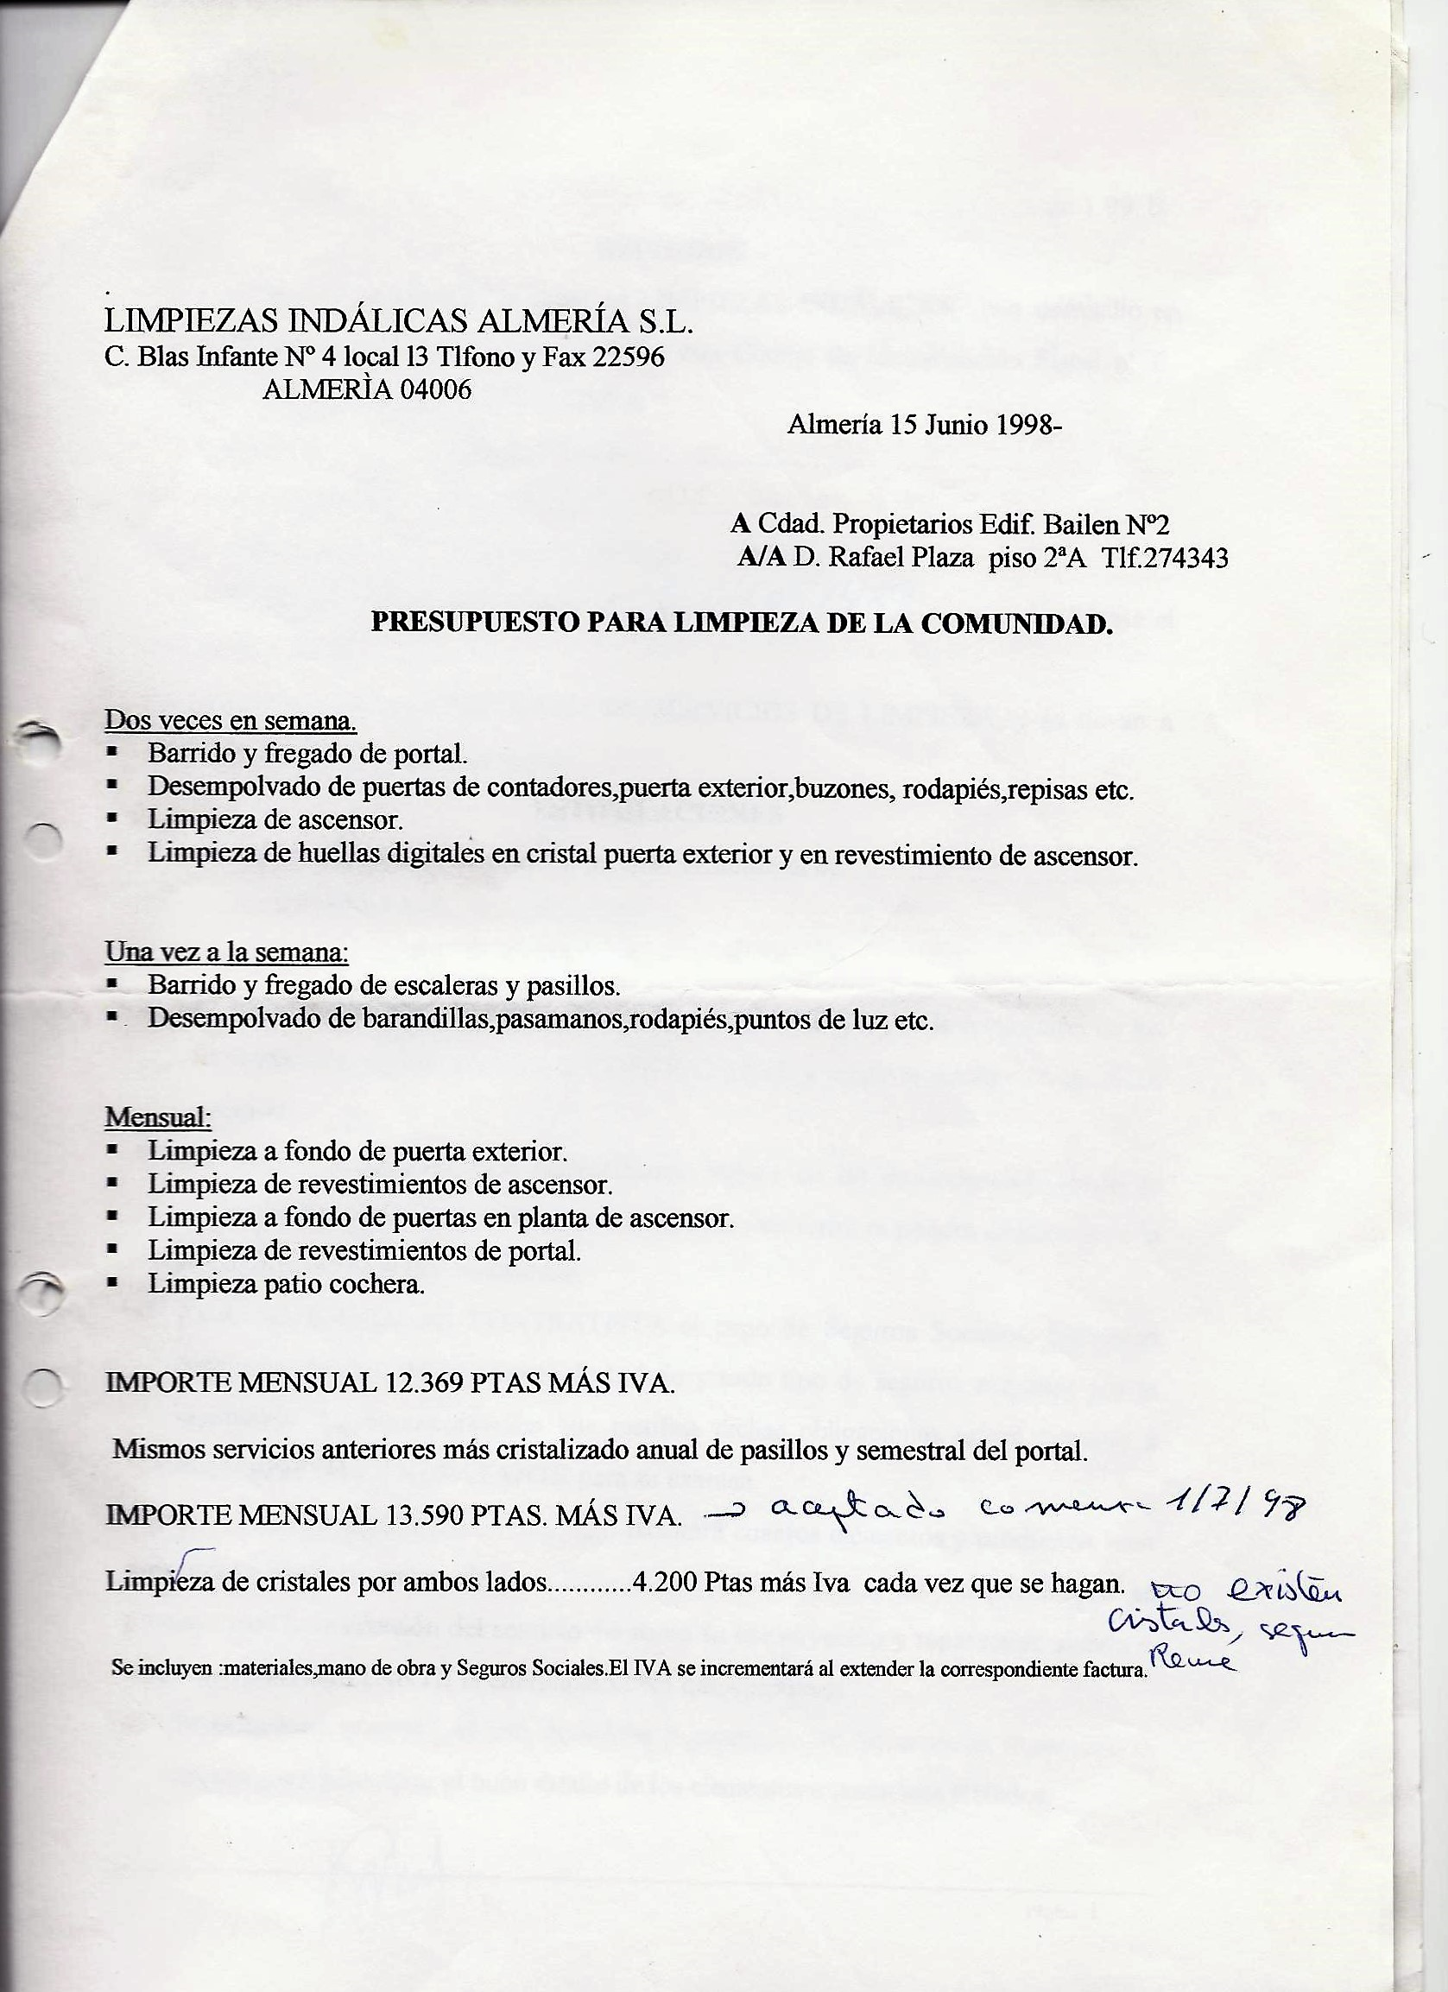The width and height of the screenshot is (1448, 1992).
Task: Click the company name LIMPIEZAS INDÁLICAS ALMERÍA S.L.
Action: tap(399, 321)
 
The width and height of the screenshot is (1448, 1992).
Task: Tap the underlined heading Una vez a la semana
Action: tap(226, 952)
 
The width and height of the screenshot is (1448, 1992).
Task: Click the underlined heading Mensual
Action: tap(158, 1117)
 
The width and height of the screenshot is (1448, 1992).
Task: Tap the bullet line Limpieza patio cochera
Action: tap(287, 1284)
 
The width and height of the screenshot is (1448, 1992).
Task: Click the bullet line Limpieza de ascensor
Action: tap(275, 820)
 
